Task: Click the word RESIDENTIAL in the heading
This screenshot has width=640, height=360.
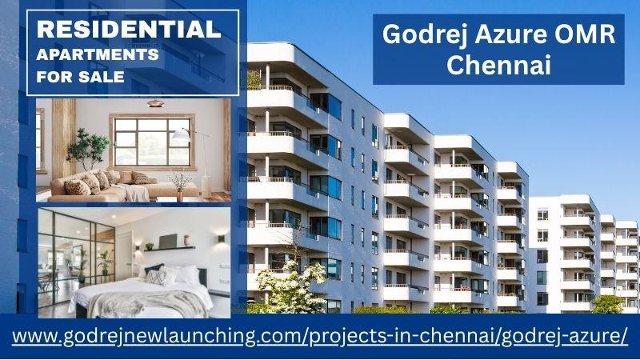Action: pos(129,30)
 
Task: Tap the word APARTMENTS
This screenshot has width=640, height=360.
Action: pos(98,54)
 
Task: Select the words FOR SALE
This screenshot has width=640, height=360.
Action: pos(81,76)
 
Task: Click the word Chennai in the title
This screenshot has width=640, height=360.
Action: pos(498,65)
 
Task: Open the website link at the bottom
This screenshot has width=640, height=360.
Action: pos(319,336)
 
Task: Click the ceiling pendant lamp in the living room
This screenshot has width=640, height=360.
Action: pos(155,103)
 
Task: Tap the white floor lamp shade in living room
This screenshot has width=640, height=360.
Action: pos(180,135)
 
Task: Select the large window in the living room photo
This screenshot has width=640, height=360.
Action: pos(152,142)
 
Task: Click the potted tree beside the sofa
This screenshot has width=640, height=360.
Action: pos(87,149)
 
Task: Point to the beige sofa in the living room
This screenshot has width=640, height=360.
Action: pos(122,186)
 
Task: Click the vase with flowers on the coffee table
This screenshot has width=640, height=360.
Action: pos(179,187)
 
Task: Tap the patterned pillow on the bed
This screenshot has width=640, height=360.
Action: pos(155,278)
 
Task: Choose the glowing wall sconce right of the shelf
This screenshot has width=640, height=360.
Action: pos(222,238)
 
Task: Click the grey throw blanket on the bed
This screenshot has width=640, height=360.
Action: pos(147,302)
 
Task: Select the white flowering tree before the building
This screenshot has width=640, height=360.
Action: pos(291,286)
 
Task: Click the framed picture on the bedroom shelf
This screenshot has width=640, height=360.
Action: pos(168,242)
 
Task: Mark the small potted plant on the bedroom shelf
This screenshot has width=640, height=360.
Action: pos(150,246)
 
